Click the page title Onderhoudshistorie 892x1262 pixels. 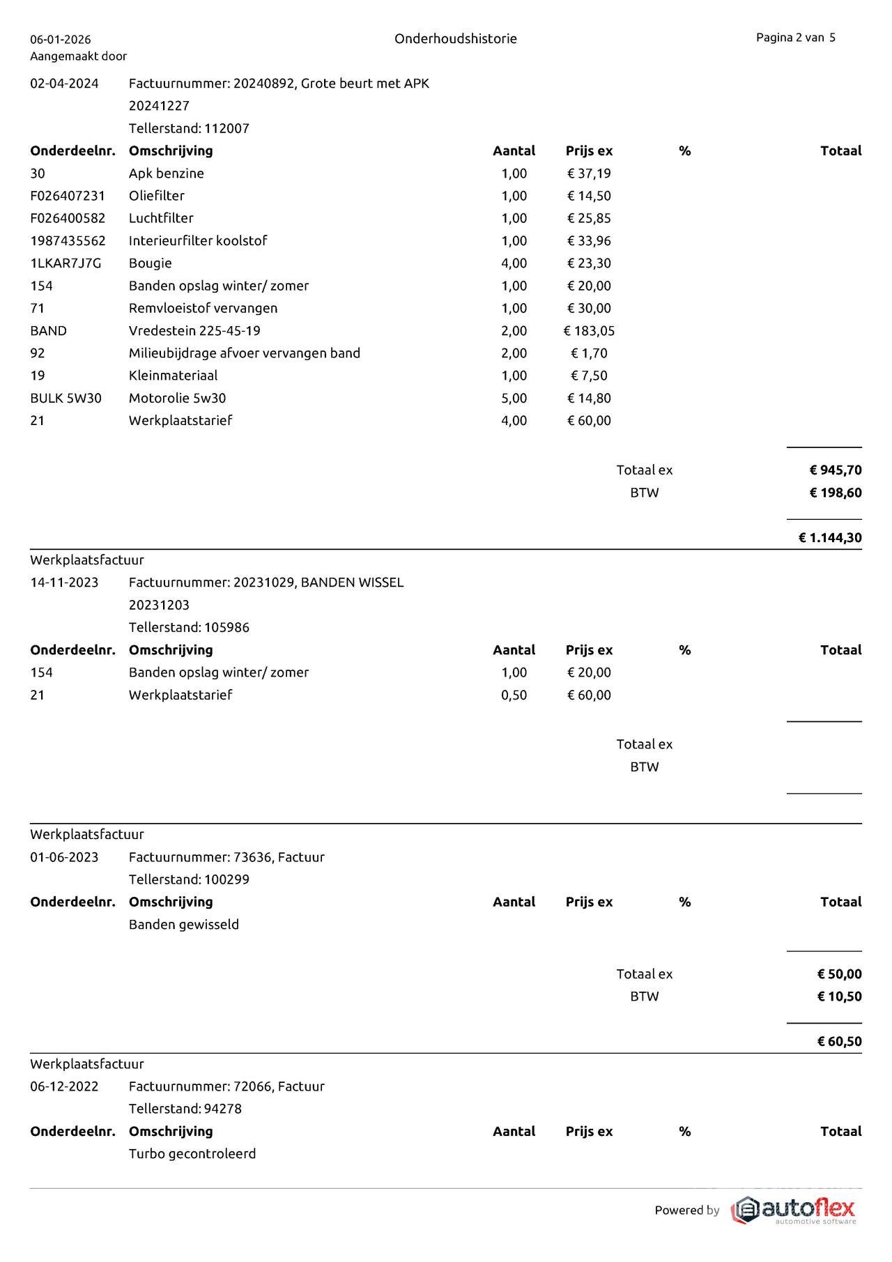(455, 38)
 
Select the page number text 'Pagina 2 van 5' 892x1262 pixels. (795, 38)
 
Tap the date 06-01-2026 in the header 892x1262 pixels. (61, 40)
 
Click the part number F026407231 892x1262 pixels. (68, 196)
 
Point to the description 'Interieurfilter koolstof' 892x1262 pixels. (198, 240)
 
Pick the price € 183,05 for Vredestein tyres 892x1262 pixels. (589, 330)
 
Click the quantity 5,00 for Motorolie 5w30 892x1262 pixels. (514, 398)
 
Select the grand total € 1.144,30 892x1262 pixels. (829, 537)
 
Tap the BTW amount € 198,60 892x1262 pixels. (835, 493)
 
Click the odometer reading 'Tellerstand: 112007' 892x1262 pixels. (189, 128)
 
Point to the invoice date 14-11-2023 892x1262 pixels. (64, 583)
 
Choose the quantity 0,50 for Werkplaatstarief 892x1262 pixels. (514, 695)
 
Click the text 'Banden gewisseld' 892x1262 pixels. (184, 924)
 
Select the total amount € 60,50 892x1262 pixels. (839, 1041)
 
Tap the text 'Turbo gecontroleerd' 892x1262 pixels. (192, 1153)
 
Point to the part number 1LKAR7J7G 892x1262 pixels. (66, 263)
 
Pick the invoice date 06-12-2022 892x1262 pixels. (64, 1086)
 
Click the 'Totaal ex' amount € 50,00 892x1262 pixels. (839, 974)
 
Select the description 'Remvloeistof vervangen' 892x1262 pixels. (203, 308)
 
